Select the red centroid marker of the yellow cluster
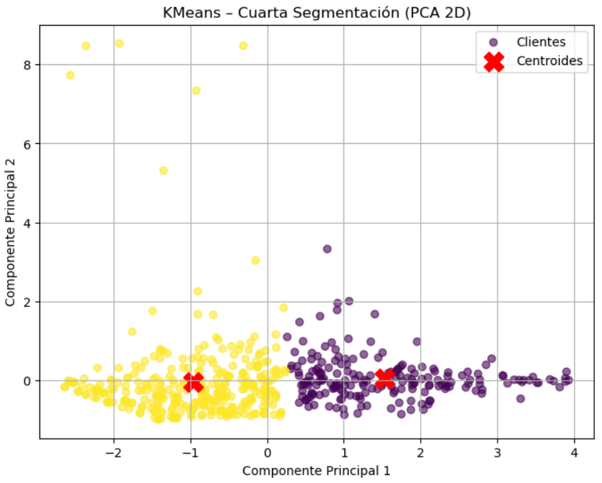coord(193,382)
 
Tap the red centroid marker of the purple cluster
coord(385,379)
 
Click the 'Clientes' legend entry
coord(540,42)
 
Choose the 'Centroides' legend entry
coord(549,62)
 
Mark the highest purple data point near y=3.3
coord(327,249)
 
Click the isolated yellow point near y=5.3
coord(163,170)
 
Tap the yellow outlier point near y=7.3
coord(196,91)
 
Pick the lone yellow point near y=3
coord(256,260)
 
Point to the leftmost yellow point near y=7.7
coord(70,75)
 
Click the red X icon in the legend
coord(493,62)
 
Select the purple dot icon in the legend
coord(493,42)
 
